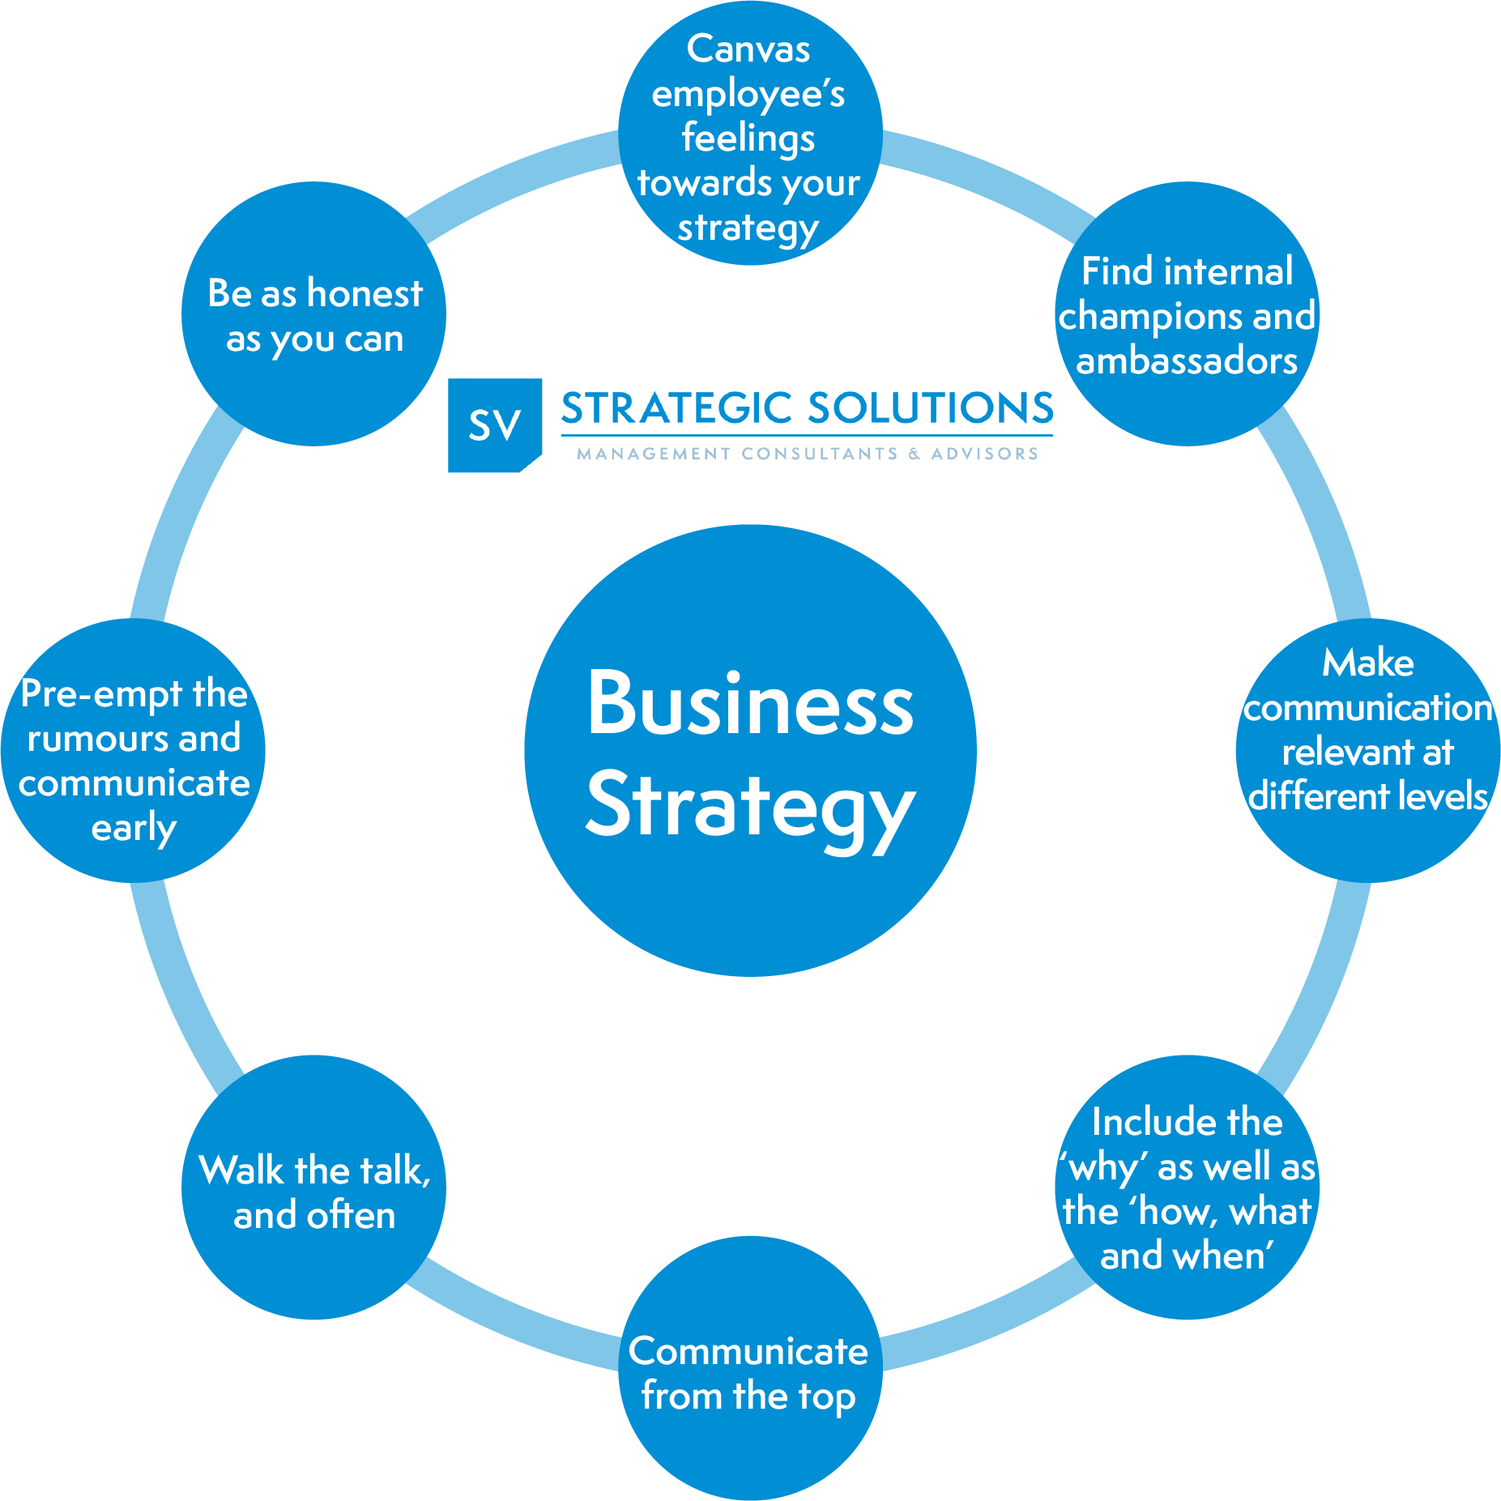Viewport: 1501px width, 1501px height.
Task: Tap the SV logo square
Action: [494, 424]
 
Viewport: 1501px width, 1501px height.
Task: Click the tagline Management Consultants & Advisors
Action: [807, 454]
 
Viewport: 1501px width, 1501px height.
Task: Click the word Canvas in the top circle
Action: [748, 49]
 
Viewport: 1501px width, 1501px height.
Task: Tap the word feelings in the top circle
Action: [748, 139]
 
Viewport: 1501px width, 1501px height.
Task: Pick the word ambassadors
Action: [1187, 361]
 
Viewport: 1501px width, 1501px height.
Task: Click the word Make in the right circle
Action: [1368, 663]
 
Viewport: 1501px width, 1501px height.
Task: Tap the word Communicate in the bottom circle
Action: [748, 1352]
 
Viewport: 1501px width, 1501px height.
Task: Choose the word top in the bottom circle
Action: [826, 1398]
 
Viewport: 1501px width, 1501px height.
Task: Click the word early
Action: [134, 829]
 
